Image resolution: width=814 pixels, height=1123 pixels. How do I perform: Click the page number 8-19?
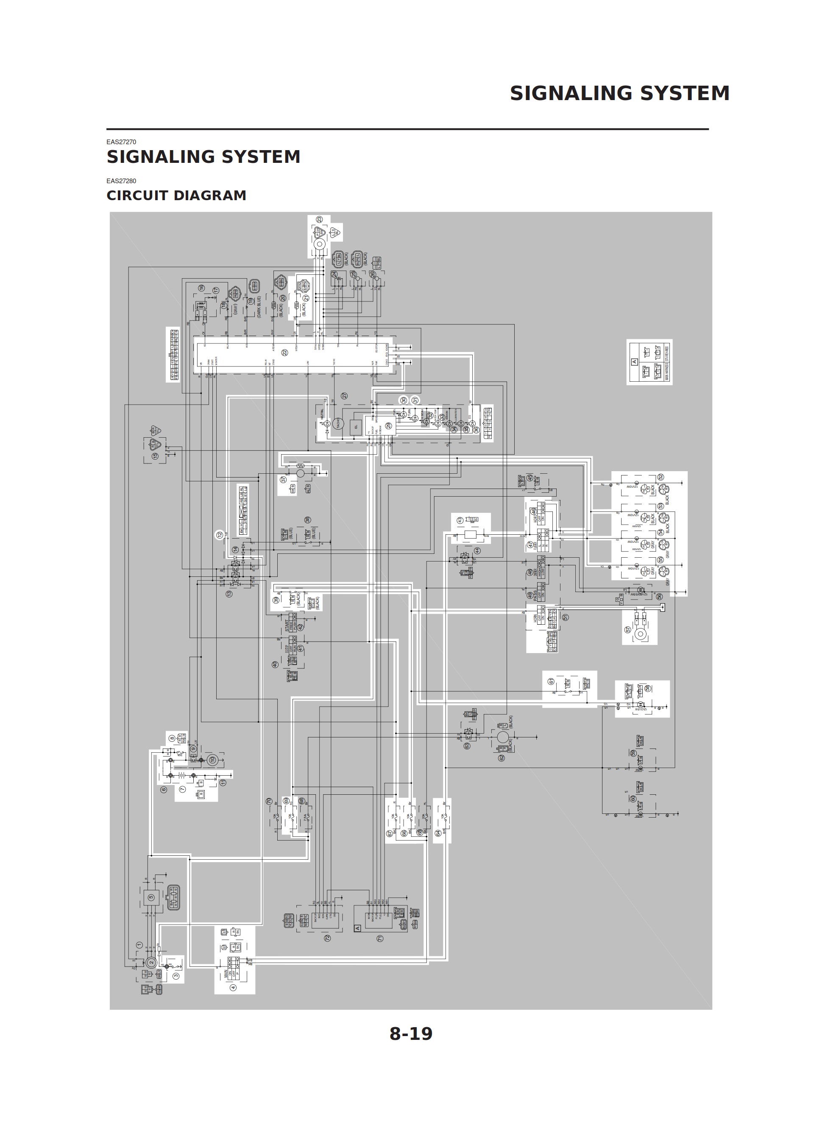click(410, 1034)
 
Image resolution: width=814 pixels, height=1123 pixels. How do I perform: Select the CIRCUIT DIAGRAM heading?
click(176, 196)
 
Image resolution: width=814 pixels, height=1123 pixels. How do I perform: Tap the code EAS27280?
click(121, 181)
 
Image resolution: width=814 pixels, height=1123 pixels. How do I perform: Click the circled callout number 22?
click(285, 352)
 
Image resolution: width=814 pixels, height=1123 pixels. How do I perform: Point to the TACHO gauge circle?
click(339, 423)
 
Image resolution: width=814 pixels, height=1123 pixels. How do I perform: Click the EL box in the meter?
click(356, 427)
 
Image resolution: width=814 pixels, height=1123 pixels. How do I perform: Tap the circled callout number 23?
click(320, 219)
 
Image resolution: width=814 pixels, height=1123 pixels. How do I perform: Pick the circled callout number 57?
click(628, 630)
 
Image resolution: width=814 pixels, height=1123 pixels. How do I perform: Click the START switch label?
click(286, 626)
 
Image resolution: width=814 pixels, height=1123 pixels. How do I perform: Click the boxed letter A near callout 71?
click(357, 928)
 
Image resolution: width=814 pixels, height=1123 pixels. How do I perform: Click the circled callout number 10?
click(212, 760)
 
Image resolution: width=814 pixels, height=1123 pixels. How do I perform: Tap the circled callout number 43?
click(460, 520)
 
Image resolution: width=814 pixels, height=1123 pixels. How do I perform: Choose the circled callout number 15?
click(155, 456)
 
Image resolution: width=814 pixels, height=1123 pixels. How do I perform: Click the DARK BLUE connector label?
click(259, 307)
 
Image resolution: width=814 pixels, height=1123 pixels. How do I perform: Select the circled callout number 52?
click(660, 477)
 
